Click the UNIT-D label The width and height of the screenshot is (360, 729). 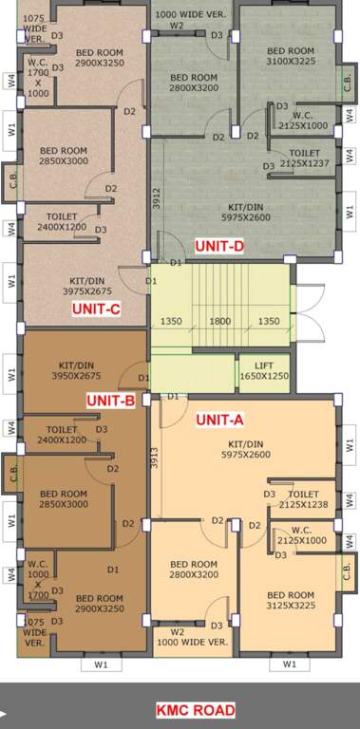219,246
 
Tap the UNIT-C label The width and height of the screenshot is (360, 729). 96,308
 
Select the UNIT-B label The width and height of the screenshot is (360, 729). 110,400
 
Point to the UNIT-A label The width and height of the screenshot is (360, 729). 219,420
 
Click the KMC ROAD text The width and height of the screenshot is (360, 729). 196,709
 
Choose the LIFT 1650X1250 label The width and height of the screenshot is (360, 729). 264,370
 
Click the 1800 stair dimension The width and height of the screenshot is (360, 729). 219,321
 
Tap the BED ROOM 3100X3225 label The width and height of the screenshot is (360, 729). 291,56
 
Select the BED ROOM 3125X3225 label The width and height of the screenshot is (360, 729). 291,601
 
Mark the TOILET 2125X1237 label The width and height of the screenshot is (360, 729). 304,159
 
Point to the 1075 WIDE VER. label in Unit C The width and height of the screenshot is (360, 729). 34,28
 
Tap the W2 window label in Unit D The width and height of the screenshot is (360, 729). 177,27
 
